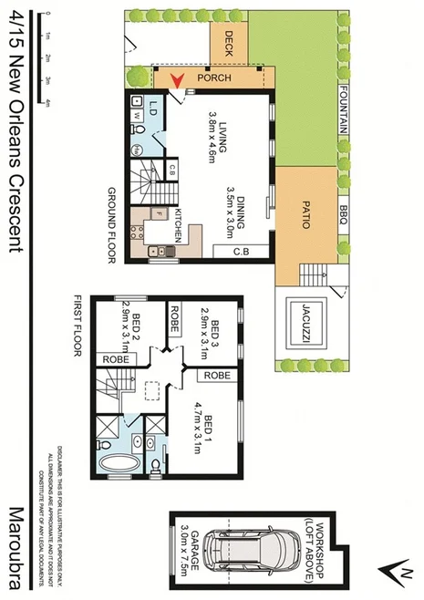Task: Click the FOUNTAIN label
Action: point(344,110)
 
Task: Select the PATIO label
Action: point(306,215)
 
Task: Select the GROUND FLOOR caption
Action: point(116,224)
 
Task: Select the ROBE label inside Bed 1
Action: point(215,375)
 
